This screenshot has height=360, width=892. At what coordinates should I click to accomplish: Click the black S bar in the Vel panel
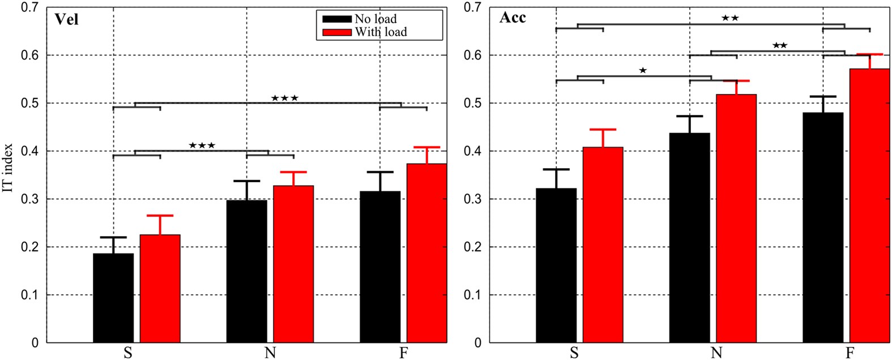pyautogui.click(x=113, y=298)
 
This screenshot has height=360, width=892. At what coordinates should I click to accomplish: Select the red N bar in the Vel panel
pyautogui.click(x=293, y=264)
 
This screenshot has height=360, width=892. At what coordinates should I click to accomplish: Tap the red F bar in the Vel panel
pyautogui.click(x=426, y=253)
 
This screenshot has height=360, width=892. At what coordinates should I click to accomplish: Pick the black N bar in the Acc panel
pyautogui.click(x=689, y=238)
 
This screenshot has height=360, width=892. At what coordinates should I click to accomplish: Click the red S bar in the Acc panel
pyautogui.click(x=603, y=245)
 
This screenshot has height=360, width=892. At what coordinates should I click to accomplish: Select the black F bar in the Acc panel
pyautogui.click(x=823, y=228)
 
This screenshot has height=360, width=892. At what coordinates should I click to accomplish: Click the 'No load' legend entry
pyautogui.click(x=375, y=19)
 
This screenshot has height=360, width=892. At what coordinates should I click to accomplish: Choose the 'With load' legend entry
pyautogui.click(x=381, y=32)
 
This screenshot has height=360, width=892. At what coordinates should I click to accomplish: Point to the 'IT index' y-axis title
pyautogui.click(x=7, y=167)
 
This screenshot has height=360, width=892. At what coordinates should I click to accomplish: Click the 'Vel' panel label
pyautogui.click(x=66, y=20)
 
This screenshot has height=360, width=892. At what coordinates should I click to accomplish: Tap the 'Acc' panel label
pyautogui.click(x=513, y=18)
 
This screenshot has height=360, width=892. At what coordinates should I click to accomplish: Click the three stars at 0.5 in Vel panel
pyautogui.click(x=284, y=98)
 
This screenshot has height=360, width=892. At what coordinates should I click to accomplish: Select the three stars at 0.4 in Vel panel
pyautogui.click(x=202, y=145)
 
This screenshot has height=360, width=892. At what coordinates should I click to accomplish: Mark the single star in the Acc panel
pyautogui.click(x=643, y=71)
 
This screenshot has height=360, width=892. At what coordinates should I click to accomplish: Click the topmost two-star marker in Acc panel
pyautogui.click(x=730, y=18)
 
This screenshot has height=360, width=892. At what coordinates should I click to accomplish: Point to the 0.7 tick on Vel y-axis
pyautogui.click(x=29, y=7)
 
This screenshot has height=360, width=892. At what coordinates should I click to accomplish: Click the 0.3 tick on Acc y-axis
pyautogui.click(x=473, y=199)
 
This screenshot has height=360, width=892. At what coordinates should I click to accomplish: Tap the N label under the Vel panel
pyautogui.click(x=270, y=353)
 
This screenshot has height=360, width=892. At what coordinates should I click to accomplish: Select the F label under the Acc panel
pyautogui.click(x=850, y=353)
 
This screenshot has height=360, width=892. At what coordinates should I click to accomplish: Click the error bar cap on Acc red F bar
pyautogui.click(x=869, y=54)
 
